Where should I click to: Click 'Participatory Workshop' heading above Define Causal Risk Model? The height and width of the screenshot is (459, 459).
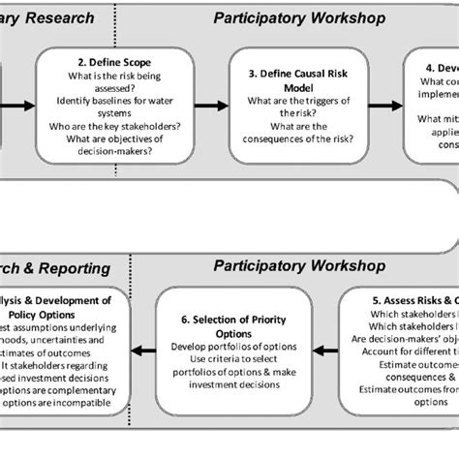pos(299,18)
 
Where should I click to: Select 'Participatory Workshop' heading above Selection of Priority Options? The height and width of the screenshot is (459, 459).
pos(299,264)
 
